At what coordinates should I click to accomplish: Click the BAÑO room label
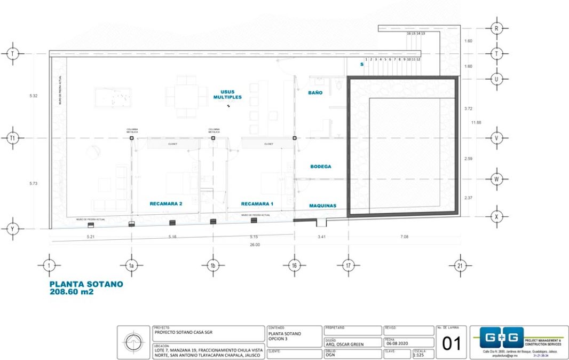(x=315, y=92)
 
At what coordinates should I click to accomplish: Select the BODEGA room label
(x=320, y=167)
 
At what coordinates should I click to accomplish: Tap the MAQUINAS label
(x=323, y=206)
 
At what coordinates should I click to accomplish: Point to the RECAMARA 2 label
(x=166, y=204)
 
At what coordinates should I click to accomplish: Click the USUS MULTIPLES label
(x=227, y=95)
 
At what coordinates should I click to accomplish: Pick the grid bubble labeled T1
(x=12, y=138)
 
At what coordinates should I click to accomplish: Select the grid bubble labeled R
(x=496, y=28)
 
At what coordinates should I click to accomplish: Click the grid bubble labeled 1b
(x=212, y=265)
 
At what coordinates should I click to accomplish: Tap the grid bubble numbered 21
(x=459, y=265)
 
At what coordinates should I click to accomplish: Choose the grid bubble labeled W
(x=496, y=179)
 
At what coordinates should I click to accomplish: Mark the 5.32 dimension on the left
(x=34, y=96)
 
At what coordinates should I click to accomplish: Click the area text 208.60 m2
(x=72, y=292)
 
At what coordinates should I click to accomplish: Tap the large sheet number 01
(x=452, y=343)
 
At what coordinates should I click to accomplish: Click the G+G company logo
(x=497, y=338)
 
